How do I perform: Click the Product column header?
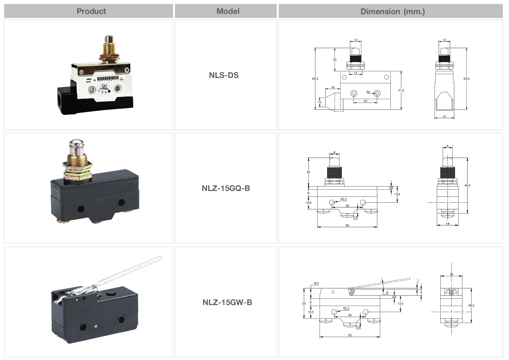pos(91,11)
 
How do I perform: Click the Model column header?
pos(228,11)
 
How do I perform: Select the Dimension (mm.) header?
pos(392,12)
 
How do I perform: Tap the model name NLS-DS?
pos(224,75)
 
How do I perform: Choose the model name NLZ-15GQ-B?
pos(226,188)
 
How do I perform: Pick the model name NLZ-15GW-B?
pos(227,302)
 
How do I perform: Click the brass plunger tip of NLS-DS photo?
pos(108,39)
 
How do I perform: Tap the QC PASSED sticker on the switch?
pos(104,89)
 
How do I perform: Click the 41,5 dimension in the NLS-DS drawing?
pos(401,90)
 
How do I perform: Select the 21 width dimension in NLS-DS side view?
pos(444,117)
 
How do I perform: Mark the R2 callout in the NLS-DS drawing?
pos(368,92)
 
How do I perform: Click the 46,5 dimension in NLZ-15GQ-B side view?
pos(467,185)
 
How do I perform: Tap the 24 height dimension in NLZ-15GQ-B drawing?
pos(308,172)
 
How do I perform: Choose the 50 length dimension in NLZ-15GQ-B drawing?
pos(347,225)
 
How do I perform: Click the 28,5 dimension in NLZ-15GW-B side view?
pos(471,305)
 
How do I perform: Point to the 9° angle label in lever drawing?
pos(387,293)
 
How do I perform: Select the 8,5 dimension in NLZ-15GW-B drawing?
pos(316,283)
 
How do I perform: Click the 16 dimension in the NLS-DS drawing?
pos(333,87)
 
